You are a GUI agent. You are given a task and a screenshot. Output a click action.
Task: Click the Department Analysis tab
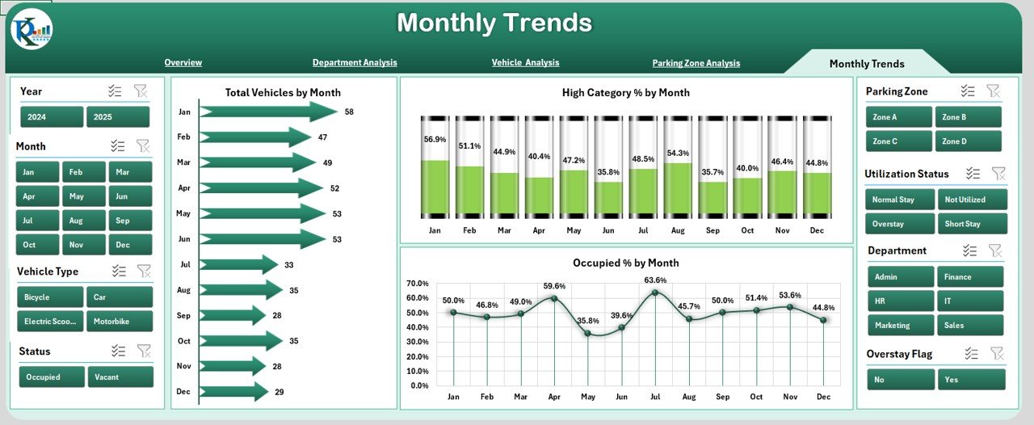pyautogui.click(x=355, y=62)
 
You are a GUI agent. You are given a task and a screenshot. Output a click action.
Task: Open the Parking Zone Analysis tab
pyautogui.click(x=696, y=63)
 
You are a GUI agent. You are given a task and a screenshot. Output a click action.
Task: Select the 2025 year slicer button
pyautogui.click(x=118, y=117)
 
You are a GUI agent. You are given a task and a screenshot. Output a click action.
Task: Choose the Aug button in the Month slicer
pyautogui.click(x=76, y=221)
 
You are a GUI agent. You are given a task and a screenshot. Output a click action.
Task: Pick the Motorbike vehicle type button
pyautogui.click(x=120, y=321)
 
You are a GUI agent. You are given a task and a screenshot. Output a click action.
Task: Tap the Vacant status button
pyautogui.click(x=120, y=377)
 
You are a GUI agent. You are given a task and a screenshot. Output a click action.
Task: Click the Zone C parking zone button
pyautogui.click(x=900, y=141)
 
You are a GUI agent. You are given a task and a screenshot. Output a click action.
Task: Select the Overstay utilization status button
pyautogui.click(x=900, y=224)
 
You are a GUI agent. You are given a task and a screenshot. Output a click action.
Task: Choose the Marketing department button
pyautogui.click(x=901, y=325)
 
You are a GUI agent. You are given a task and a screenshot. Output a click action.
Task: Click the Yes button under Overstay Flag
pyautogui.click(x=972, y=379)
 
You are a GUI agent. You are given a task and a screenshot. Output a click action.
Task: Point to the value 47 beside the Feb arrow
pyautogui.click(x=323, y=137)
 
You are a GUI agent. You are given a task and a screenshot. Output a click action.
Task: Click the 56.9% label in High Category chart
pyautogui.click(x=435, y=139)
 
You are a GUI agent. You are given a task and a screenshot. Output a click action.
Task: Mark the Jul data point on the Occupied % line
pyautogui.click(x=655, y=292)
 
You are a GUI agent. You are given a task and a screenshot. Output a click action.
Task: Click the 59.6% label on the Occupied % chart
pyautogui.click(x=554, y=286)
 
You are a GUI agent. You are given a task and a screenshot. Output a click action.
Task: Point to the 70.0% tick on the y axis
pyautogui.click(x=418, y=284)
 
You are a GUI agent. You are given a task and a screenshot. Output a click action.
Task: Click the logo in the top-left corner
pyautogui.click(x=32, y=30)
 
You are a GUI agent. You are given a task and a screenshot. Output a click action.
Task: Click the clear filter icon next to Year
pyautogui.click(x=141, y=91)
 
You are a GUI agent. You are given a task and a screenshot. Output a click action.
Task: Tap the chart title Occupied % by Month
pyautogui.click(x=625, y=263)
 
